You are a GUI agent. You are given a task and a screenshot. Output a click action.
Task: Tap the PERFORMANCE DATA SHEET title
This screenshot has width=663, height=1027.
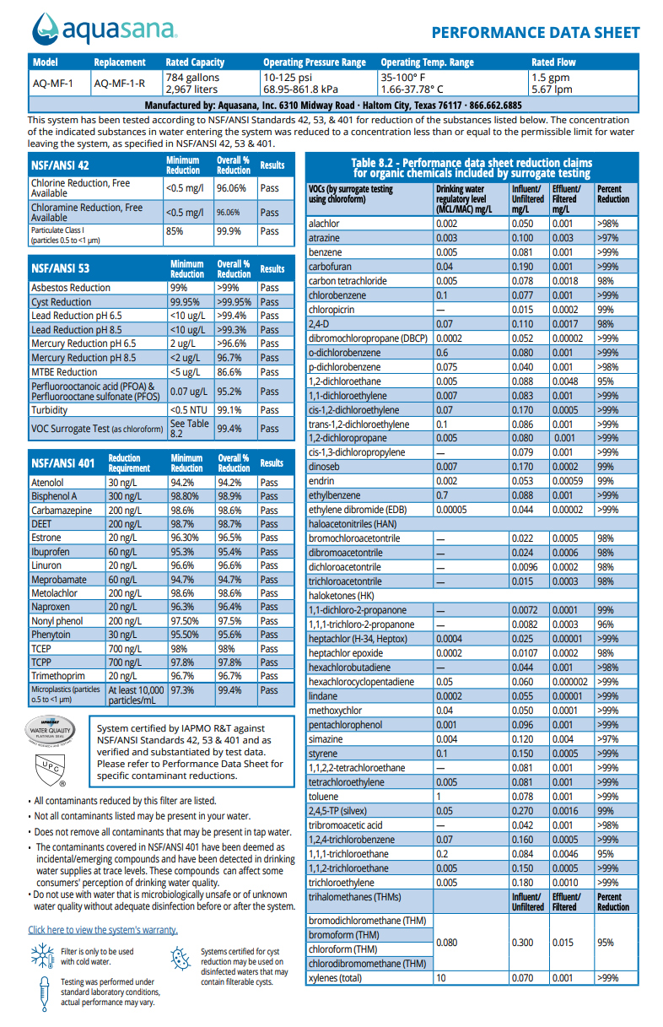(x=536, y=33)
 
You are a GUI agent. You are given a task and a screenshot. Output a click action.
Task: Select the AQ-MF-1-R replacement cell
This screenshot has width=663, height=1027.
(x=119, y=83)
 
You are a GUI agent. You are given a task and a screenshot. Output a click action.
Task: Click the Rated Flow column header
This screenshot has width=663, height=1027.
(x=553, y=62)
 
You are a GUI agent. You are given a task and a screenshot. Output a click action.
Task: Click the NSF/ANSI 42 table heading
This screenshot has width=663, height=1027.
(x=60, y=165)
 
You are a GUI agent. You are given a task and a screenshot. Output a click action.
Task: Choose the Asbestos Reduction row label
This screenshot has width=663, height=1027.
(x=71, y=288)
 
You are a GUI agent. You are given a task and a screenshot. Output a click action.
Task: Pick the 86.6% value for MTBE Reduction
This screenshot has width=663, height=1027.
(x=228, y=371)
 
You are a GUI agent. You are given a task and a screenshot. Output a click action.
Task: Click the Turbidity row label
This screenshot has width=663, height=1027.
(x=51, y=410)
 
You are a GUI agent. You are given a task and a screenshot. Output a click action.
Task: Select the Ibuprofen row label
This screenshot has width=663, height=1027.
(x=51, y=552)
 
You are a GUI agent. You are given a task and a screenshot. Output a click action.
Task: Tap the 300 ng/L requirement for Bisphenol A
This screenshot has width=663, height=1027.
(x=124, y=496)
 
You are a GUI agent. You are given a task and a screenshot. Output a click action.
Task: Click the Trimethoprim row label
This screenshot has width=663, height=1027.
(x=57, y=676)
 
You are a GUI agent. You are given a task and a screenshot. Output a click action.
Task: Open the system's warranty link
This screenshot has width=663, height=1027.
(x=103, y=930)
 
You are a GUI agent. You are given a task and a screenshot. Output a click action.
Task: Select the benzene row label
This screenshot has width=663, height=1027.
(x=326, y=252)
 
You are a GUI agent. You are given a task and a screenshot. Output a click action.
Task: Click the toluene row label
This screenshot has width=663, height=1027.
(x=324, y=797)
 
